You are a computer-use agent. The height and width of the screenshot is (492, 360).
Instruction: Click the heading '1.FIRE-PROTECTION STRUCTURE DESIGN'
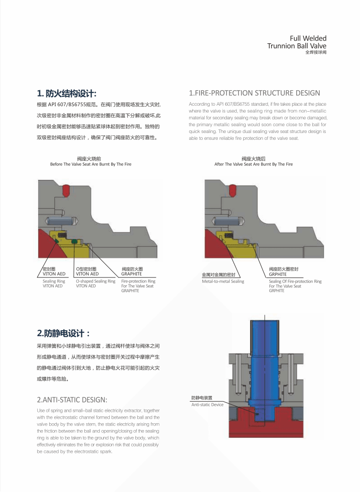[x=254, y=93]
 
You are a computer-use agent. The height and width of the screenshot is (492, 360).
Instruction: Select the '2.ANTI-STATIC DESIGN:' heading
[x=72, y=400]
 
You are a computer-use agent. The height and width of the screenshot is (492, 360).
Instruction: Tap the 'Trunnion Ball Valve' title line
[x=297, y=46]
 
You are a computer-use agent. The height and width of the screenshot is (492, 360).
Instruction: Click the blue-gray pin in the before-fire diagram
[x=62, y=221]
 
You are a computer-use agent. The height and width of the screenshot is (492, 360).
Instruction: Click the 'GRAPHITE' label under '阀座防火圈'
[x=131, y=274]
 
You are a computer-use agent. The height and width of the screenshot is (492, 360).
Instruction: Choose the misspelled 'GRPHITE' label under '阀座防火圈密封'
[x=278, y=274]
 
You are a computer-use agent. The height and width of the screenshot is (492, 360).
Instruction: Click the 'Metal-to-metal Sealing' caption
[x=223, y=282]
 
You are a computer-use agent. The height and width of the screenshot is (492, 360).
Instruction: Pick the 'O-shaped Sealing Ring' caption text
[x=95, y=282]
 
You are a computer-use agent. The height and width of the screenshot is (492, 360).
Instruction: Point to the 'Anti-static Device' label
[x=207, y=405]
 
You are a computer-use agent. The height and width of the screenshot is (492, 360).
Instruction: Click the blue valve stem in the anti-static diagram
[x=264, y=360]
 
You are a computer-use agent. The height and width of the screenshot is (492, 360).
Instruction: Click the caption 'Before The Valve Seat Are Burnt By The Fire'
[x=91, y=164]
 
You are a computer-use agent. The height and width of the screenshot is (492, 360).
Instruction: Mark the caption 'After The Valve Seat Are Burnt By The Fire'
[x=253, y=164]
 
